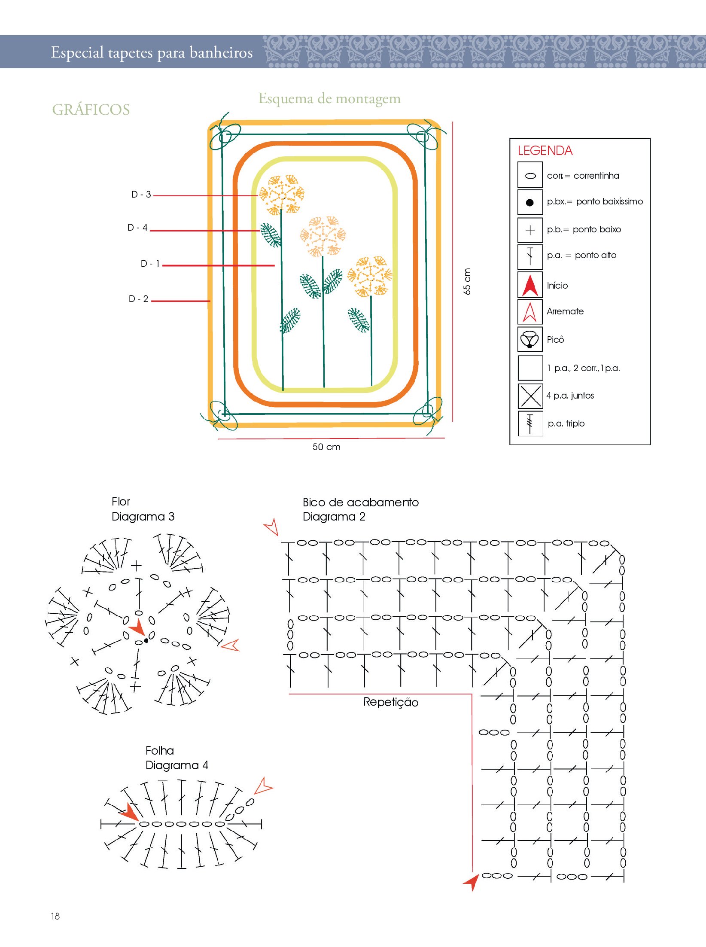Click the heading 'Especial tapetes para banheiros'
pos(152,52)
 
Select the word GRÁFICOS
pos(91,110)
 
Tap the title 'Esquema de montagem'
pos(329,98)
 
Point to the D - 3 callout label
pos(141,195)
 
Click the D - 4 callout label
pos(137,228)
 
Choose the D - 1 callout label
pos(150,263)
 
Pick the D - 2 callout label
pos(138,299)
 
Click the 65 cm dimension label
pos(467,281)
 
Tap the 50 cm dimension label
pos(326,447)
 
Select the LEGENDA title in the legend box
pos(545,151)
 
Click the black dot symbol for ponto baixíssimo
pos(530,202)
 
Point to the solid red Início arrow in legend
pos(530,285)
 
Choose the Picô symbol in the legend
pos(530,339)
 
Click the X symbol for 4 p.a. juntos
pos(530,396)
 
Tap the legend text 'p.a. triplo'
pos(566,423)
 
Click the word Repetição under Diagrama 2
pos(391,702)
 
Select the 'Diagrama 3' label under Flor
pos(143,516)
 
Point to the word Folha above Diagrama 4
pos(160,750)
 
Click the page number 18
pos(55,916)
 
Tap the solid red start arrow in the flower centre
pos(137,627)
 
